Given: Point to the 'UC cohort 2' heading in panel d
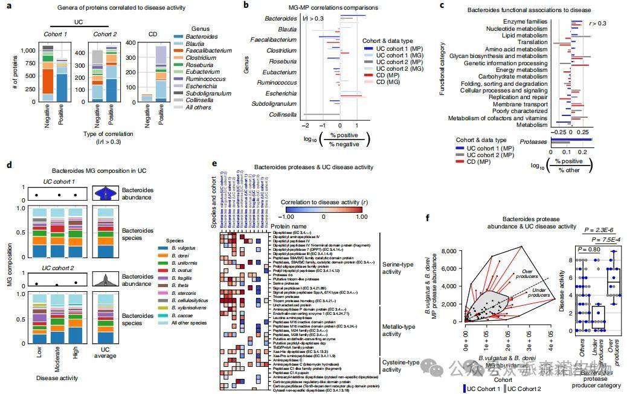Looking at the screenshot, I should pyautogui.click(x=58, y=268).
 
